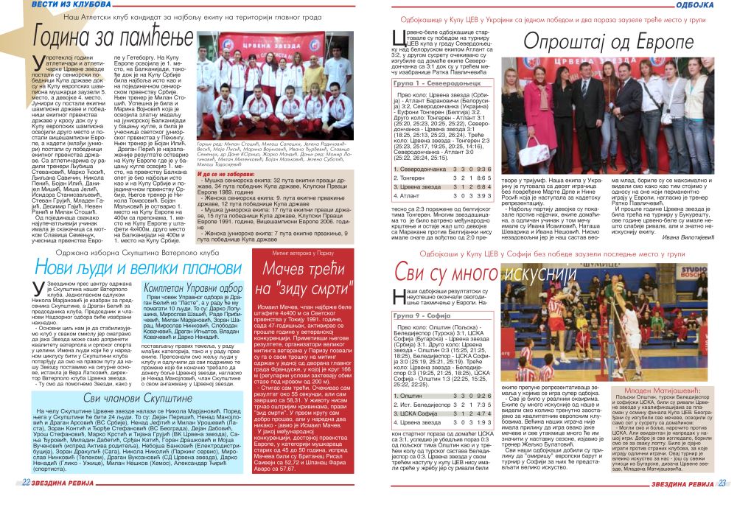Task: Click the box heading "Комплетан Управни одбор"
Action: tap(193, 288)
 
